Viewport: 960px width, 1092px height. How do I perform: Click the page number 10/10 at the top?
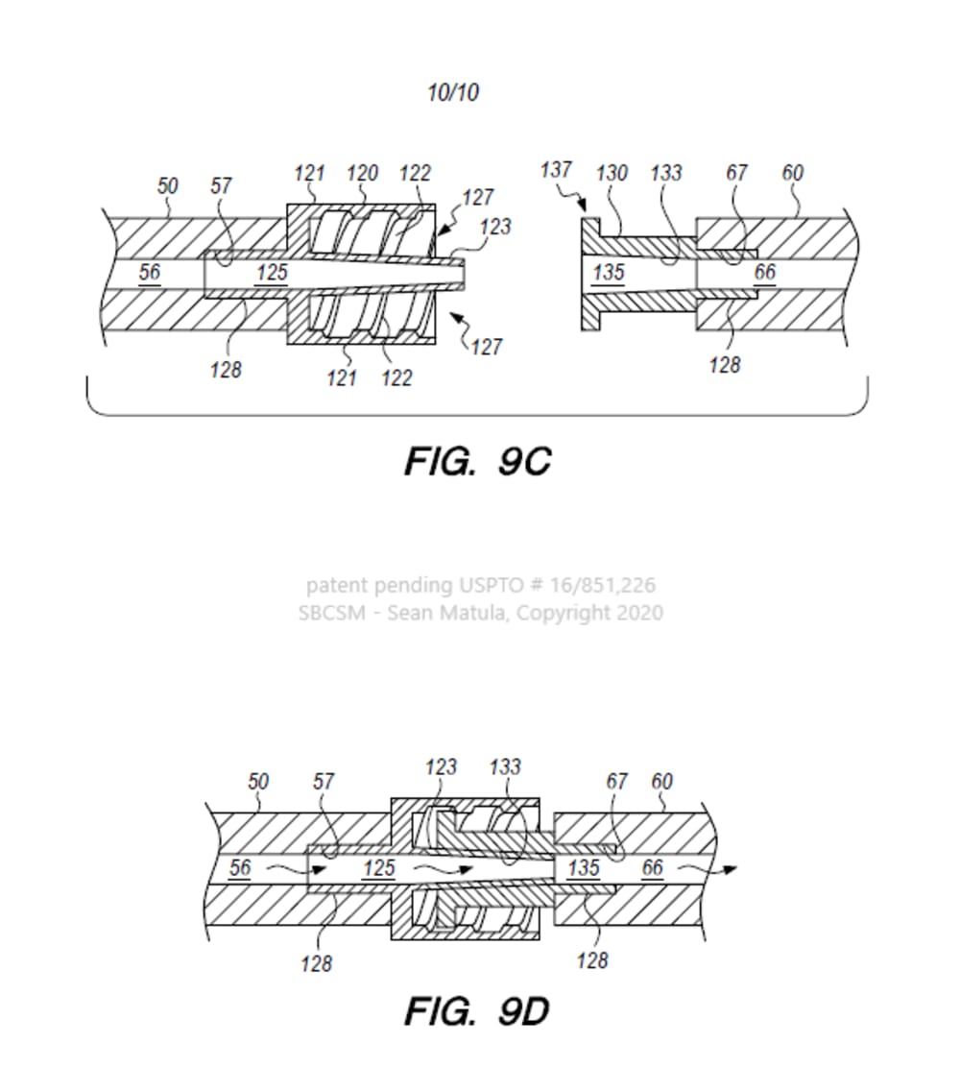click(453, 93)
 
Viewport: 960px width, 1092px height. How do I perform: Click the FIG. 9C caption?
click(477, 461)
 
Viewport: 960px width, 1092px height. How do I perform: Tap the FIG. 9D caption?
click(477, 1010)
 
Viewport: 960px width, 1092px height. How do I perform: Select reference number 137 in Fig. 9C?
click(556, 170)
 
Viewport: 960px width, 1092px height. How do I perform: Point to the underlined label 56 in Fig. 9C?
click(150, 272)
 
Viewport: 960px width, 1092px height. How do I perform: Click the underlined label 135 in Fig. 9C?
click(609, 272)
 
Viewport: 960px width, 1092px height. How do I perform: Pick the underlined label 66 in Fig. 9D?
click(653, 868)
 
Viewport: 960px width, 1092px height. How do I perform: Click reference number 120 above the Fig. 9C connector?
click(362, 173)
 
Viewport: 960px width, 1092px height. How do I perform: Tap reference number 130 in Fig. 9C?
click(612, 173)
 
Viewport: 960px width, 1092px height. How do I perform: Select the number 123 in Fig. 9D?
click(441, 767)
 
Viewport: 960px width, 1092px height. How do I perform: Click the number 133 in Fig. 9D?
click(505, 767)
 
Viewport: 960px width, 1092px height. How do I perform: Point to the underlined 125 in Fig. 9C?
click(272, 273)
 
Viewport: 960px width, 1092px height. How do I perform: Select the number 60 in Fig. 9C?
click(793, 173)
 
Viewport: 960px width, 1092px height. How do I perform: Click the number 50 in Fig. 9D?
click(258, 782)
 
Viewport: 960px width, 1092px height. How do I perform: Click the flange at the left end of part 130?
click(588, 273)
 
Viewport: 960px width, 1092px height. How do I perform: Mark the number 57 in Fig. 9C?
click(222, 185)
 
